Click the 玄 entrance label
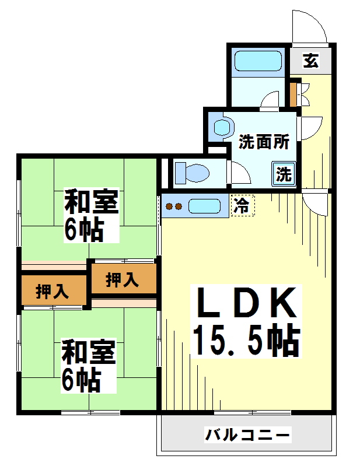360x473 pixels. [x=311, y=60]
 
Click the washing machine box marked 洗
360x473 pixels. [x=284, y=173]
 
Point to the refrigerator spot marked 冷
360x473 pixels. [x=243, y=206]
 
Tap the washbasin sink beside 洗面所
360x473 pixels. [x=223, y=127]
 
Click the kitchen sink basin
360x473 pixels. [x=205, y=206]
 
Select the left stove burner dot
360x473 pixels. [x=169, y=206]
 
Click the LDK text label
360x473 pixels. [x=247, y=303]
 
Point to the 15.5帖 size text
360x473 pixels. [x=247, y=340]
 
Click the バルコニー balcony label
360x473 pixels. [x=247, y=435]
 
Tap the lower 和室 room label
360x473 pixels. [x=89, y=352]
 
